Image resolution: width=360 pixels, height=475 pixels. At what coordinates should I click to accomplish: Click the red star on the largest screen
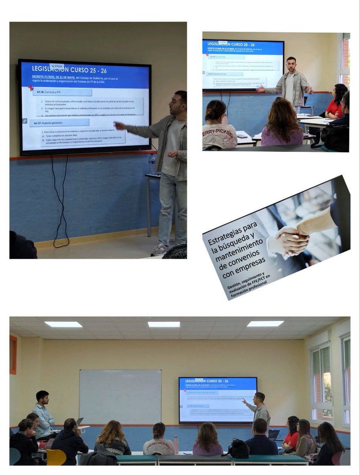(x=31, y=88)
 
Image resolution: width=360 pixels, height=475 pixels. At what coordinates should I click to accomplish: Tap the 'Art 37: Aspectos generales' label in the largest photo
(x=54, y=123)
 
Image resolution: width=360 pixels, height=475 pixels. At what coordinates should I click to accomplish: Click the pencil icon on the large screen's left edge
(x=25, y=121)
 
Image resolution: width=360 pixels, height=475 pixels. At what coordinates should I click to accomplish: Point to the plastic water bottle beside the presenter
(x=152, y=163)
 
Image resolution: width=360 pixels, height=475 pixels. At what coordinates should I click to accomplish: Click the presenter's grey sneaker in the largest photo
(x=159, y=250)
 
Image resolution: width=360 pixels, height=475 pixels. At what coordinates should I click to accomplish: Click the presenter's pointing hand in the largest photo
(x=118, y=125)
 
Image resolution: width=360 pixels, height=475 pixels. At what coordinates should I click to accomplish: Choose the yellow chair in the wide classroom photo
(x=56, y=457)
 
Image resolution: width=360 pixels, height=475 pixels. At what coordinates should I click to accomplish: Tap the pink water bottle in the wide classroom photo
(x=176, y=445)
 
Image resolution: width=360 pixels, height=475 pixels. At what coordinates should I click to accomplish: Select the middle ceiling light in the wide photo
(x=164, y=324)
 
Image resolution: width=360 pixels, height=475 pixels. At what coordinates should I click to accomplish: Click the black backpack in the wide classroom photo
(x=239, y=449)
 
